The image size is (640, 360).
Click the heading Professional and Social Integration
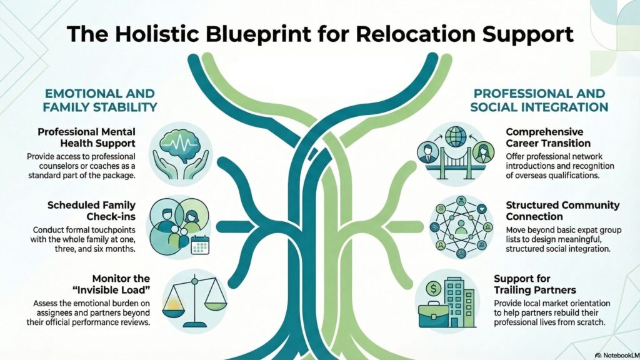(539, 100)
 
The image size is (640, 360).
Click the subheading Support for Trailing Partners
(534, 284)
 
